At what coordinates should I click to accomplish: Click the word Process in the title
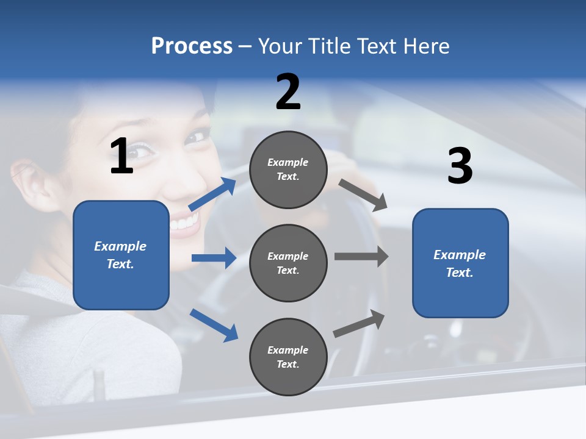(192, 46)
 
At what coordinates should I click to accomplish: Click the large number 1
(121, 156)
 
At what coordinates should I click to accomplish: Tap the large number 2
(288, 92)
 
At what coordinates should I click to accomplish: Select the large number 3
(460, 166)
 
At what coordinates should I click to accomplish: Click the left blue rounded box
(121, 255)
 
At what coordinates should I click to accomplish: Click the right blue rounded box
(460, 263)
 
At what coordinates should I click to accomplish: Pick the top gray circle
(288, 170)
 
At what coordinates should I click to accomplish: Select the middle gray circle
(288, 263)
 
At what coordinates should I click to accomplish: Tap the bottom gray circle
(288, 357)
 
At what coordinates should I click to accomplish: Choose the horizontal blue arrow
(214, 258)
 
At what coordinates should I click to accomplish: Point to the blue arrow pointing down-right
(214, 325)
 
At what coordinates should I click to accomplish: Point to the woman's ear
(29, 183)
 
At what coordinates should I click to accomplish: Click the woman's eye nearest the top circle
(197, 136)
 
